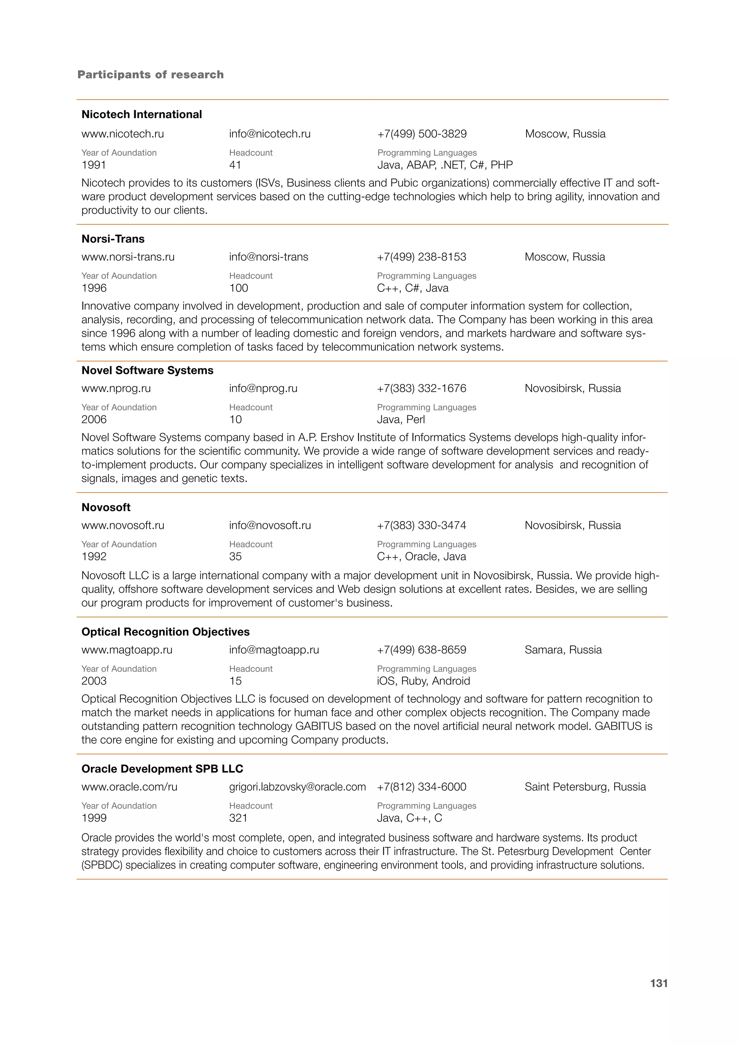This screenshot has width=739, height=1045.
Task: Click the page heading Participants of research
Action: [x=150, y=75]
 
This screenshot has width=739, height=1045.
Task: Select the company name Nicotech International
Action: [x=141, y=114]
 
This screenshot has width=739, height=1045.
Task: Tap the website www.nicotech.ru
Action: [x=122, y=134]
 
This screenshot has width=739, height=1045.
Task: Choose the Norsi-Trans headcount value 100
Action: [x=239, y=288]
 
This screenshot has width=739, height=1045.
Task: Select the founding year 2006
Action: [x=94, y=420]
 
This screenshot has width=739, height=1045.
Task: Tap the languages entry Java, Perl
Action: [x=401, y=420]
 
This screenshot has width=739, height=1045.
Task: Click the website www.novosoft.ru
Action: [x=123, y=525]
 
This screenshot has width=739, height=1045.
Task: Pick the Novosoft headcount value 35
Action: [x=235, y=557]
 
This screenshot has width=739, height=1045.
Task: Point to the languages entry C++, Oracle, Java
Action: [x=421, y=557]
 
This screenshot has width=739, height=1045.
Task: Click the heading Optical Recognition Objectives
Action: [x=165, y=632]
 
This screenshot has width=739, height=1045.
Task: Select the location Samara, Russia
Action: [x=563, y=650]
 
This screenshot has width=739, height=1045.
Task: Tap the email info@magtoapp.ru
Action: [x=274, y=650]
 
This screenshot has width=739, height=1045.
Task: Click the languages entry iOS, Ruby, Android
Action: [x=423, y=681]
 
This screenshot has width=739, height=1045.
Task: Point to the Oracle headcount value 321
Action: [x=238, y=818]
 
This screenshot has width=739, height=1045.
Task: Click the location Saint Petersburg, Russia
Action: [x=585, y=787]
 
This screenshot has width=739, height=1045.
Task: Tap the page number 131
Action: [x=659, y=984]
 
